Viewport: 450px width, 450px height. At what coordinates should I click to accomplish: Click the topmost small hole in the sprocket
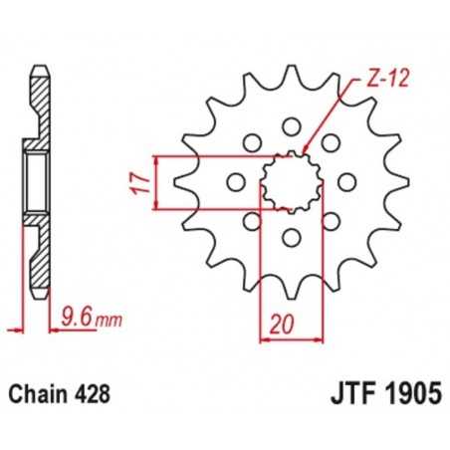[290, 125]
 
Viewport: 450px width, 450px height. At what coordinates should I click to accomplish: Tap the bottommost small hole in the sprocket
[290, 237]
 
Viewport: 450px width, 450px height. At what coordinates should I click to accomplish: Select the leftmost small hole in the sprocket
[234, 181]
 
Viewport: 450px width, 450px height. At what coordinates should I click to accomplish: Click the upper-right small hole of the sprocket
[330, 142]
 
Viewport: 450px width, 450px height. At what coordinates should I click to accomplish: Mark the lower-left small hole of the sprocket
[250, 221]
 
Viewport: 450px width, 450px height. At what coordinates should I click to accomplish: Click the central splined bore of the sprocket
[290, 181]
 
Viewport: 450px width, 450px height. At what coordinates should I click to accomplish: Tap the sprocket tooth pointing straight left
[182, 181]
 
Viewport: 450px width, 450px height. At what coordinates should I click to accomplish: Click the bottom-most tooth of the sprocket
[290, 293]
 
